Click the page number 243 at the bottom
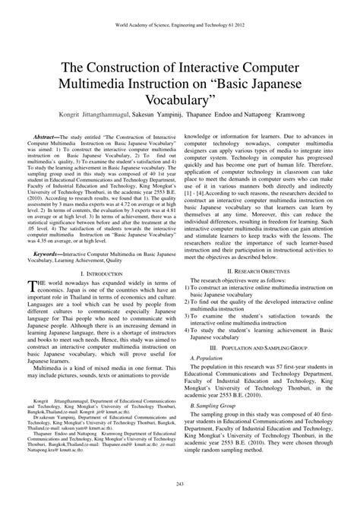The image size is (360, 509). [180, 485]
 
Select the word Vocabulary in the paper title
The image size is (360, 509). [180, 103]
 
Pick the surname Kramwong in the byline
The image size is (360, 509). [283, 117]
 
